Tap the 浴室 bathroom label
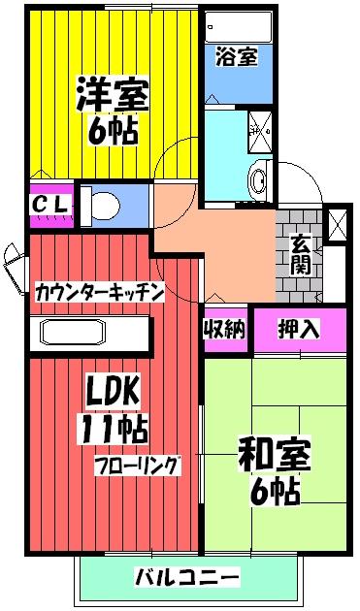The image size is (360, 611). pyautogui.click(x=237, y=56)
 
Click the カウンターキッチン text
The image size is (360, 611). pyautogui.click(x=100, y=291)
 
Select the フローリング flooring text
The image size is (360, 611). pyautogui.click(x=137, y=465)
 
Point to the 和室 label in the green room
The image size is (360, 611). pyautogui.click(x=275, y=454)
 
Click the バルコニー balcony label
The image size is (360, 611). pyautogui.click(x=186, y=578)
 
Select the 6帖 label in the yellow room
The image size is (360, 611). pyautogui.click(x=115, y=131)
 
